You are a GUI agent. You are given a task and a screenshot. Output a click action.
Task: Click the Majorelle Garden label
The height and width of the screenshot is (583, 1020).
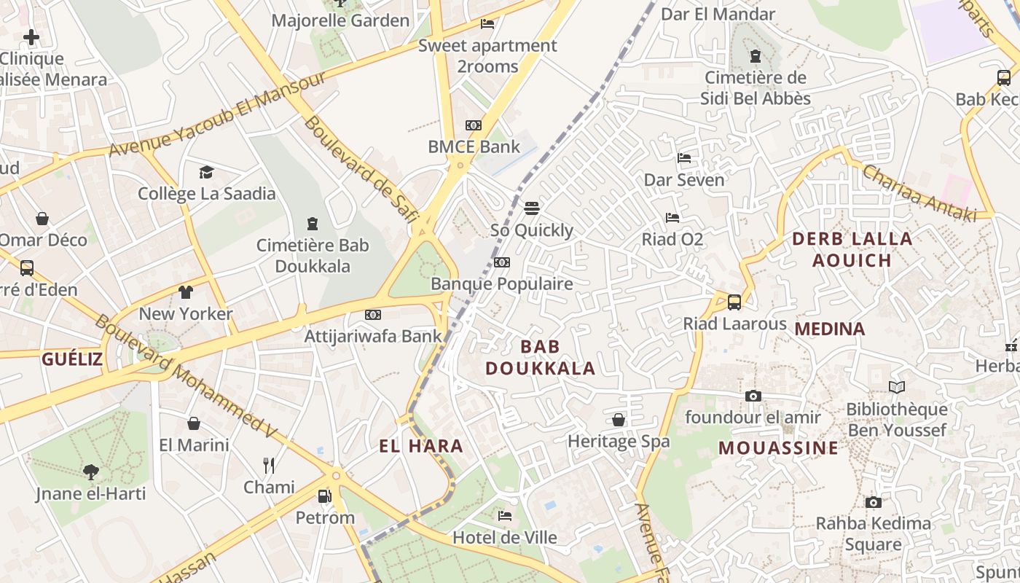click(340, 20)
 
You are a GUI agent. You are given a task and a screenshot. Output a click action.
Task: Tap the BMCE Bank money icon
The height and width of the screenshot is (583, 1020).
click(474, 125)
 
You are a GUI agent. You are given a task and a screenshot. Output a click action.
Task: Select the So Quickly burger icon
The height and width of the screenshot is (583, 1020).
click(532, 208)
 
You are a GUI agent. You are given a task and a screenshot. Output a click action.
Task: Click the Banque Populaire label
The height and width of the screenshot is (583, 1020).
click(502, 283)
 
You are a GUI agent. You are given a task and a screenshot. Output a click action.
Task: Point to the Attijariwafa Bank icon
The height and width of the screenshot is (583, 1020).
click(373, 315)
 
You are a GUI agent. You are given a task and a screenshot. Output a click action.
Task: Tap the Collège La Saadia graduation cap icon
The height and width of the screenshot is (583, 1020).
click(207, 172)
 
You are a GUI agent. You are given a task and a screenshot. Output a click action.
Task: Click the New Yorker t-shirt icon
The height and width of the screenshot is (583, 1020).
click(186, 292)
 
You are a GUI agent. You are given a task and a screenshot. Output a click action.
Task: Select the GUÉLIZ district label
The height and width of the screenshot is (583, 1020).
click(72, 359)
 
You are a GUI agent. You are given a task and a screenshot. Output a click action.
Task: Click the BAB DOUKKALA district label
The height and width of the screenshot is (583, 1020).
click(541, 357)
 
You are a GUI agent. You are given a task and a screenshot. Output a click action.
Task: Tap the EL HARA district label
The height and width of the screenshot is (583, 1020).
click(421, 446)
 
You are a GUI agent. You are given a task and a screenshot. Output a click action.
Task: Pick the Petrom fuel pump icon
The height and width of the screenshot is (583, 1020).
click(325, 496)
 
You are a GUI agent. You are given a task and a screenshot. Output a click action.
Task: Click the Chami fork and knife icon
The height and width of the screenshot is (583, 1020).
click(269, 465)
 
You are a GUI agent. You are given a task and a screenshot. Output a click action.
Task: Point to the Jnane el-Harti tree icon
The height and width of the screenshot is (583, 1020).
click(91, 472)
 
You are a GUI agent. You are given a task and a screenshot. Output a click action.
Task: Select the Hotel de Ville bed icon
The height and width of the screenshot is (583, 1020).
click(505, 516)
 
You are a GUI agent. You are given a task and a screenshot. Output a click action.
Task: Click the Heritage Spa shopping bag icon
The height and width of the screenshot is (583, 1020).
click(619, 420)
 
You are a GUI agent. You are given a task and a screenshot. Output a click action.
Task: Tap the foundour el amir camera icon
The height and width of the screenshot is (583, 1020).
click(753, 396)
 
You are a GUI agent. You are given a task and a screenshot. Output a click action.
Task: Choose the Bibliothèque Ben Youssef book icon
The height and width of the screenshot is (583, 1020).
click(897, 388)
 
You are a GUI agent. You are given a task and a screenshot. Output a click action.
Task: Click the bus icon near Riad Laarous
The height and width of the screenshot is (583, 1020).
click(734, 302)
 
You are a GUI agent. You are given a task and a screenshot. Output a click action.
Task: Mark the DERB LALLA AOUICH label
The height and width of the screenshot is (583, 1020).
click(852, 249)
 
